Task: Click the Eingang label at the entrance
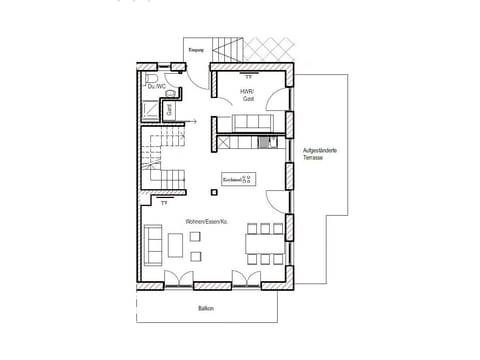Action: click(196, 49)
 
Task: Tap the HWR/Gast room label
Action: click(247, 95)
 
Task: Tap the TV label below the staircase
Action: click(163, 204)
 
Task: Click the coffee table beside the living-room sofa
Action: click(176, 243)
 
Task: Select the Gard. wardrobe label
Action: click(171, 110)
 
